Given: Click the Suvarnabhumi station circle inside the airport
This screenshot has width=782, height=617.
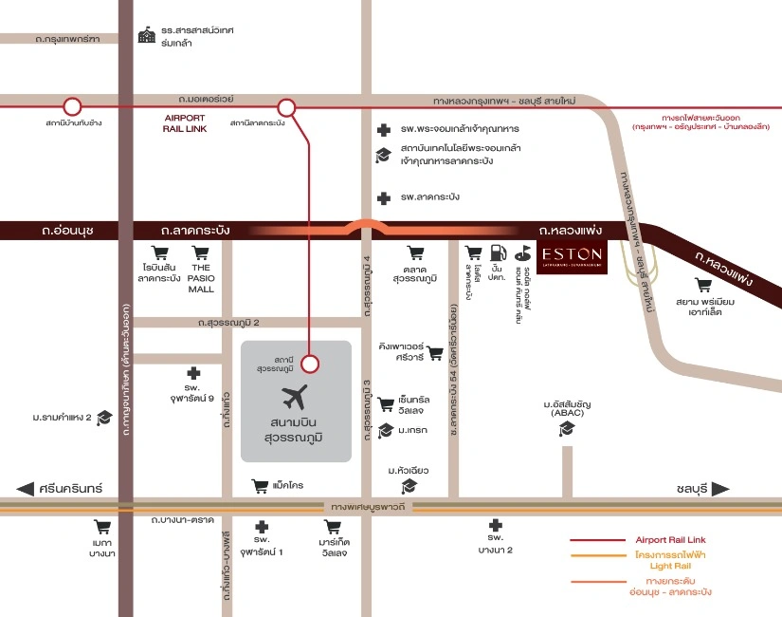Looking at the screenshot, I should (310, 363).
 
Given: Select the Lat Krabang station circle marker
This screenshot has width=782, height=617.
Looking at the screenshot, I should (286, 107).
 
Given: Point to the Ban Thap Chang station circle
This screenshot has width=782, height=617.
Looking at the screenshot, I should (72, 107).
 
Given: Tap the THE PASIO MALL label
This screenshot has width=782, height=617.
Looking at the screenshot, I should (201, 278).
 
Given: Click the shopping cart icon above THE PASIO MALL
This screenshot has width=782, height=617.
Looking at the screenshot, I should (200, 253).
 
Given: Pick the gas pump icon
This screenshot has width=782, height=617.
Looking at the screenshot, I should (497, 252).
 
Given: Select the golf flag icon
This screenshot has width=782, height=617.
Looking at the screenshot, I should (521, 253).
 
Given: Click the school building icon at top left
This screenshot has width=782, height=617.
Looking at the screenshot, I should (146, 36).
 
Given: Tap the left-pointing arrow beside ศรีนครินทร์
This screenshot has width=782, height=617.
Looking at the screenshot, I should (26, 489).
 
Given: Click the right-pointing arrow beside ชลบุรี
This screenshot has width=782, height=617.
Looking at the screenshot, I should (721, 489).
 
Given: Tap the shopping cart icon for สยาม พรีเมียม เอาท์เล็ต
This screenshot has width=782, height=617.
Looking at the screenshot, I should (702, 285).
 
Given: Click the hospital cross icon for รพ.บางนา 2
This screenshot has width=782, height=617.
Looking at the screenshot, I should (494, 525).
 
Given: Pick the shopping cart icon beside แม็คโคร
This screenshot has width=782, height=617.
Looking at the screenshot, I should (260, 486).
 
